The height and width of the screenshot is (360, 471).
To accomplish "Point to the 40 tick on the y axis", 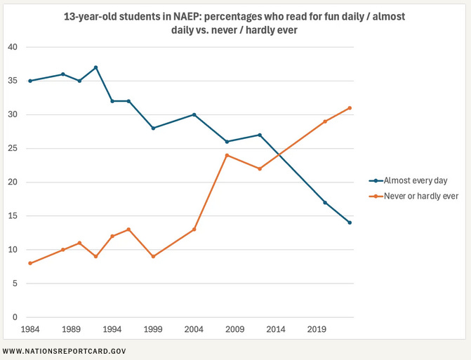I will (x=11, y=47).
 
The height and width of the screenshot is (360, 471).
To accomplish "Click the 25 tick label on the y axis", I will (x=11, y=149).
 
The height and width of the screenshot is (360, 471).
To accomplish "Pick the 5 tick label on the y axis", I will (x=13, y=284).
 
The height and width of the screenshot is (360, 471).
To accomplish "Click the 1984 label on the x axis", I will (x=29, y=328).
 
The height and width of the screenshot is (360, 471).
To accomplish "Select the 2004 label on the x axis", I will (x=193, y=328).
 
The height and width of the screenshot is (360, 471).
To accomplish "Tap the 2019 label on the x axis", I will (x=316, y=328).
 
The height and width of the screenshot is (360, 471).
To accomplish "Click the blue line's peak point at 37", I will (x=95, y=67).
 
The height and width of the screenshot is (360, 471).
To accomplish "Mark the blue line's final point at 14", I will (x=349, y=222).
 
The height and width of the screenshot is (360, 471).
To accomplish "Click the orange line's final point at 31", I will (x=349, y=108).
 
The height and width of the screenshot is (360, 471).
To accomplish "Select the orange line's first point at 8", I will (x=29, y=263).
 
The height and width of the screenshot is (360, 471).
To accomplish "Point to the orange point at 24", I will (x=227, y=155).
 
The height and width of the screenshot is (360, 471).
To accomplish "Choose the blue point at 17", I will (x=324, y=202).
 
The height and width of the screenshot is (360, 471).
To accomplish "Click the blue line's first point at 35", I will (x=29, y=81).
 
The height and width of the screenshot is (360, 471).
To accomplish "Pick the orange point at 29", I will (x=324, y=121).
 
